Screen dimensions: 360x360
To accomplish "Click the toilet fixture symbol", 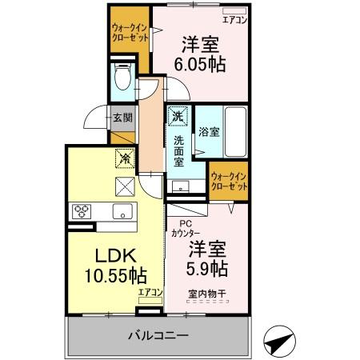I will coord(122,78).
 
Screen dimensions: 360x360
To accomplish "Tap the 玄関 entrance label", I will coord(122,118).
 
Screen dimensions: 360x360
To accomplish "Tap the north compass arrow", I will coord(277,343).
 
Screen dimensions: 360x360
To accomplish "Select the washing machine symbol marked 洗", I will coord(177,116).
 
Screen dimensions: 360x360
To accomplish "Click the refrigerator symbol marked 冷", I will coord(124,159).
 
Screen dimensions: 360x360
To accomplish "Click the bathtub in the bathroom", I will coord(233,131).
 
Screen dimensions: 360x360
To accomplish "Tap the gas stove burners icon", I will coord(82,211).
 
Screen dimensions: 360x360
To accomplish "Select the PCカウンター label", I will coord(185,229).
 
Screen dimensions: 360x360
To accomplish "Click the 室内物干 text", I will coord(207,293).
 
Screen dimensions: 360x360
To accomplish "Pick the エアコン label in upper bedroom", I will coord(234,19).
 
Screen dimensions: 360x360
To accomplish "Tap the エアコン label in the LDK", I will coord(150,292).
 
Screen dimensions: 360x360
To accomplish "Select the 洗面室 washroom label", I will coord(178,150).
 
